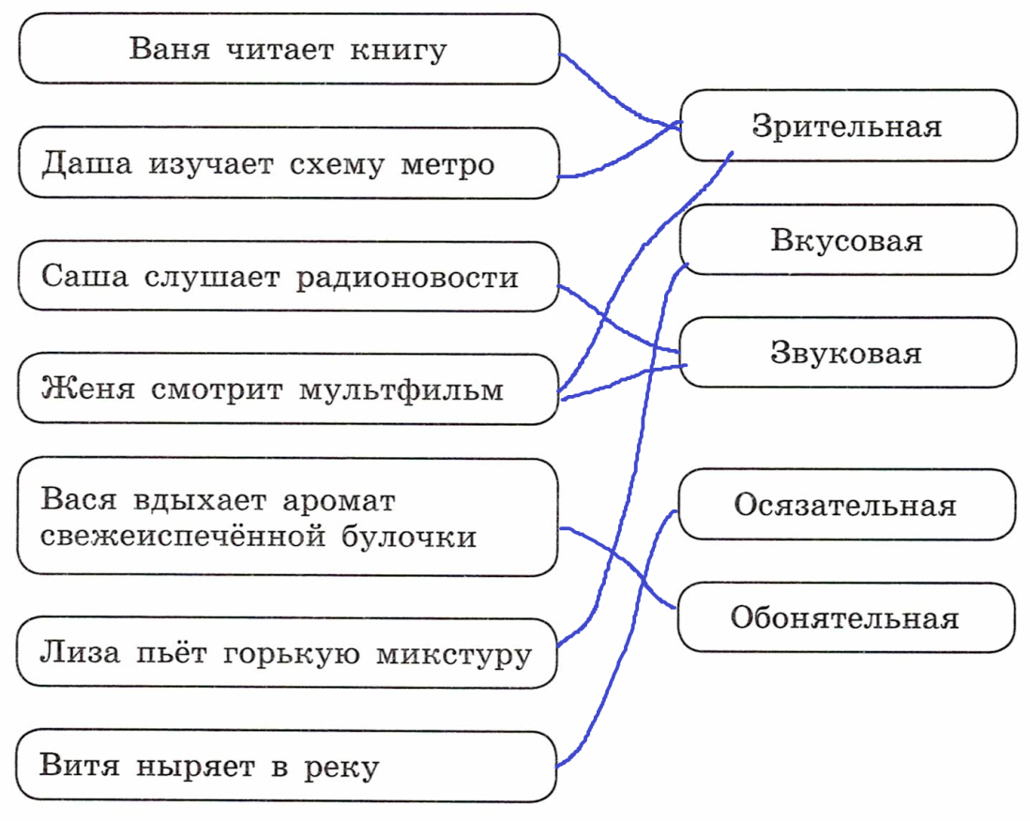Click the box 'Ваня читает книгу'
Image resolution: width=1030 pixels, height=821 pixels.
coord(289,49)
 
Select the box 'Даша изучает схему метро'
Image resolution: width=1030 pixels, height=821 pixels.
coord(289,163)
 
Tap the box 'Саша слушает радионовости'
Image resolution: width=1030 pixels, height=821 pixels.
coord(289,277)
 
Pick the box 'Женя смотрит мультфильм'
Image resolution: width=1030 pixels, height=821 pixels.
coord(288,388)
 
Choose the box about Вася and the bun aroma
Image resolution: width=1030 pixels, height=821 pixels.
coord(288,518)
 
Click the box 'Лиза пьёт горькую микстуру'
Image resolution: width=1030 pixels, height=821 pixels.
coord(287,653)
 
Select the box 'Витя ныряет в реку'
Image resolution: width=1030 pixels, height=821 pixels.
coord(286,766)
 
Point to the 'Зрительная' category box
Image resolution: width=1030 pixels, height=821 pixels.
coord(848,126)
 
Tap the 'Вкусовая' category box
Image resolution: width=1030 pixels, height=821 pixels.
coord(848,240)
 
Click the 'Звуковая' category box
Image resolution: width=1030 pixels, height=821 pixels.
coord(848,353)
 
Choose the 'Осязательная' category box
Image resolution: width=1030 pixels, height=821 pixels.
coord(847,505)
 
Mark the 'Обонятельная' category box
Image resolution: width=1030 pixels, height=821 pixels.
coord(846,617)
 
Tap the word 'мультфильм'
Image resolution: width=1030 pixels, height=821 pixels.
coord(401,390)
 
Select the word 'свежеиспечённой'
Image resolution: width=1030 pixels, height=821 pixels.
coord(183,536)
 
